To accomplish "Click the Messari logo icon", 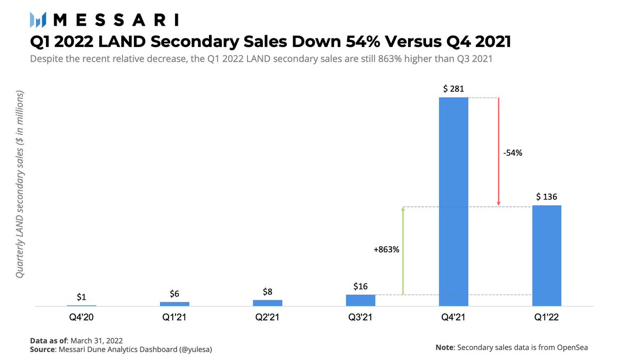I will click(x=39, y=20).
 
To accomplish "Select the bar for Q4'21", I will click(x=453, y=202).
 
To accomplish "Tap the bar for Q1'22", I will click(x=547, y=255).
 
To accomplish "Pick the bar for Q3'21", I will click(x=361, y=300).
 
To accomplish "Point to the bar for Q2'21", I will click(x=267, y=303).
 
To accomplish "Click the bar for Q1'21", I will click(x=174, y=304).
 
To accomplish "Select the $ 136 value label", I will click(x=547, y=197).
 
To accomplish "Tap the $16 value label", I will click(x=361, y=286).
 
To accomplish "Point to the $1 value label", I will click(x=82, y=297).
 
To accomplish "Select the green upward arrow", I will click(x=403, y=251).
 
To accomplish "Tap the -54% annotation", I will click(x=513, y=153).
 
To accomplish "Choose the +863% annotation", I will click(x=386, y=249).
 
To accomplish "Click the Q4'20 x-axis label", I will click(x=82, y=318).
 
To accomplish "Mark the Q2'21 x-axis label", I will click(x=267, y=318).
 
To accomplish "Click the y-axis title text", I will click(x=20, y=184).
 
